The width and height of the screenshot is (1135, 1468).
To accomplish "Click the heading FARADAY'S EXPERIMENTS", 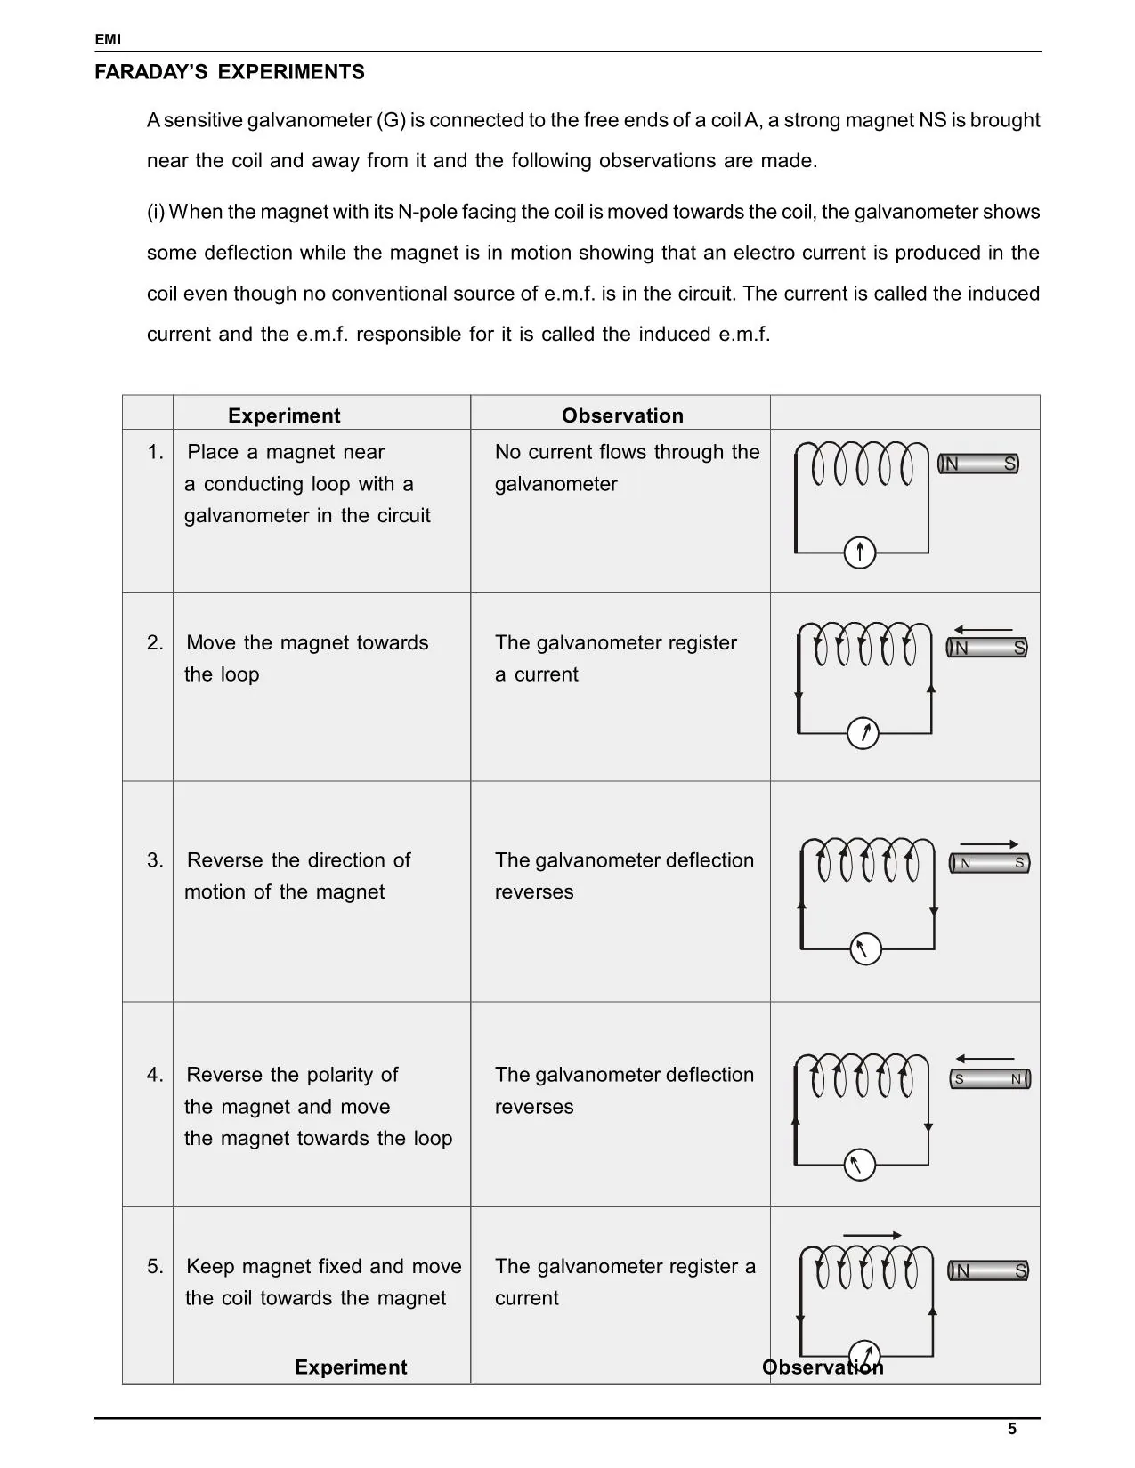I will (x=230, y=72).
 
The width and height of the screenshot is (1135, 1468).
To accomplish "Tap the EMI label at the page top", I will (x=108, y=40).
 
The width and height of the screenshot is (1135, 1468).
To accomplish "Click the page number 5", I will (x=1012, y=1429).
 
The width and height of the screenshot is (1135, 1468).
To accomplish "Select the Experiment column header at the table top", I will (x=284, y=415).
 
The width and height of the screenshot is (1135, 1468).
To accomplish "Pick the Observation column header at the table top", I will (x=622, y=415).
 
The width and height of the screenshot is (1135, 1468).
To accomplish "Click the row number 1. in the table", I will (x=155, y=452).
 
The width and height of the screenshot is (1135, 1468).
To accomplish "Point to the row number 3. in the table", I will (x=155, y=860).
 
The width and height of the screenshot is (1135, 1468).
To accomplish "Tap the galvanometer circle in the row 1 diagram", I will (x=860, y=553).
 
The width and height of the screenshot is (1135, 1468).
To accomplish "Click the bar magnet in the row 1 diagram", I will (x=978, y=464).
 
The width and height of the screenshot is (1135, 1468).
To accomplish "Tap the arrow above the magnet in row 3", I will (x=989, y=844).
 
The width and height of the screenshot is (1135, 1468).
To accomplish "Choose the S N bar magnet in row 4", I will (x=990, y=1079).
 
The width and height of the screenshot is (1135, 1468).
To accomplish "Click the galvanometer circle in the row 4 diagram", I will (x=859, y=1165).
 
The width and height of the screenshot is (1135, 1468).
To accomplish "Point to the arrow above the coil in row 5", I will (x=872, y=1235).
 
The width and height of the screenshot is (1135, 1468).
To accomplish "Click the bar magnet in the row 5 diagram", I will (x=988, y=1270).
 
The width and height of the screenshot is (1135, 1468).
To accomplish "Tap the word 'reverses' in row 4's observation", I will (x=534, y=1107).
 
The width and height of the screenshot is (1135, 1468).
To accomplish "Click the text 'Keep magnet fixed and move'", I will (x=324, y=1266).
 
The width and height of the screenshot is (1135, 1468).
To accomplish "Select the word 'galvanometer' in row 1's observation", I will (x=555, y=484).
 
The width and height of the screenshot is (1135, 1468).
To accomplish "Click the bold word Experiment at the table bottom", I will (x=351, y=1367).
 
